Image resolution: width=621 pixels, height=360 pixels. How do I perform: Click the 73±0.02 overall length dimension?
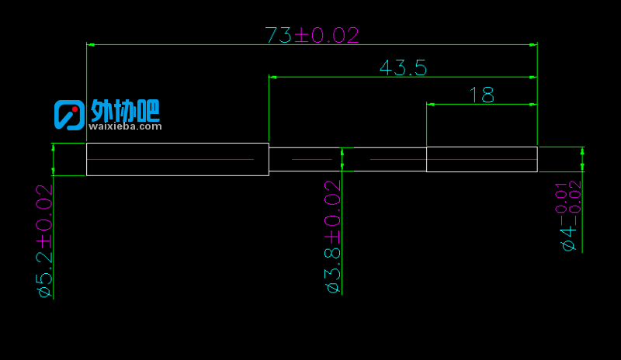[312, 35]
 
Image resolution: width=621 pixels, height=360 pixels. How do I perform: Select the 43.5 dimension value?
[403, 67]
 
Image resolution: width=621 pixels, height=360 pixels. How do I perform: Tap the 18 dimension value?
[481, 95]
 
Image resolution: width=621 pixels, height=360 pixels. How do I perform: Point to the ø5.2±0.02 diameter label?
[44, 241]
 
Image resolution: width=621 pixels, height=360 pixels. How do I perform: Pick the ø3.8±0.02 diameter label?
[333, 237]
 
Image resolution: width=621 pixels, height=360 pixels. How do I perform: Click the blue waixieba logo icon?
[69, 115]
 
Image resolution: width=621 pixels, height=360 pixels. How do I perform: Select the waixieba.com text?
[125, 126]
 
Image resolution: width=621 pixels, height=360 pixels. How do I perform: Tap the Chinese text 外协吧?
[125, 110]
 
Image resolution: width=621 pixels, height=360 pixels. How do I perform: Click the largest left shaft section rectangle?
[178, 144]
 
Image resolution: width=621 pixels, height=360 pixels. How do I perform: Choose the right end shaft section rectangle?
[482, 147]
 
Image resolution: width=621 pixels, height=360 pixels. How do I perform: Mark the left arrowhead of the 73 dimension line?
[91, 45]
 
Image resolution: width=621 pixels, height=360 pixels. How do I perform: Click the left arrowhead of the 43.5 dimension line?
[273, 77]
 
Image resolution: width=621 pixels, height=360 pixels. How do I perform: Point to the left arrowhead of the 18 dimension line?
[431, 105]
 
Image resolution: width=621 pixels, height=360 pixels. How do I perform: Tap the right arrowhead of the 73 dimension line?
[533, 45]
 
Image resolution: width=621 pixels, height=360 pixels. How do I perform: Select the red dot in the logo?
[75, 109]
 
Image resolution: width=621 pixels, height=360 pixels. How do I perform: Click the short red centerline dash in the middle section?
[312, 159]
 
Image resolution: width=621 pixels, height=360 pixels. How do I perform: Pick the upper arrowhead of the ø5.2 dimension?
[54, 147]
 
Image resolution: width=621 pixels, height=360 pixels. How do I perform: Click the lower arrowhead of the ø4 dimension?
[582, 167]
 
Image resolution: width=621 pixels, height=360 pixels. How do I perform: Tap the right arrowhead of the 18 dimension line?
[533, 105]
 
